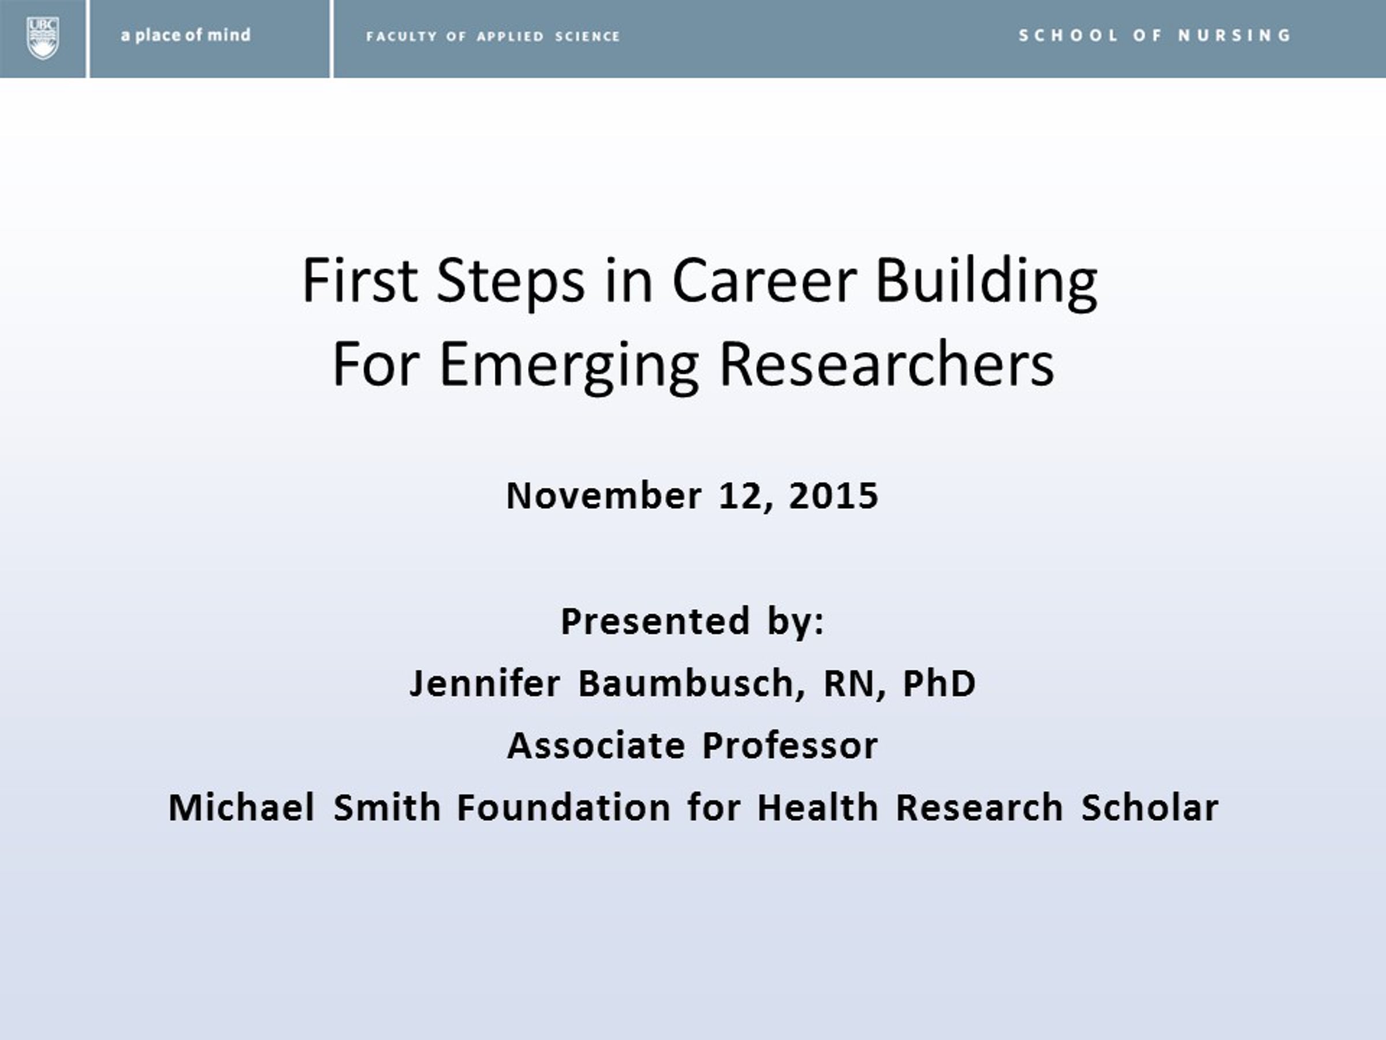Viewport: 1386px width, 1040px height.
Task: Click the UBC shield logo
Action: coord(43,38)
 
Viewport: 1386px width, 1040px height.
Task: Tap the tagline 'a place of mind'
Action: coord(185,35)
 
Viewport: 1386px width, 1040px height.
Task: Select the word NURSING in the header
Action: coord(1234,35)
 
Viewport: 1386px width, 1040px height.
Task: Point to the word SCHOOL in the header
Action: coord(1068,35)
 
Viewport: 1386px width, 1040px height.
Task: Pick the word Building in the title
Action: coord(986,282)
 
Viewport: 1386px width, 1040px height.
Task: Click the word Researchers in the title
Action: coord(887,363)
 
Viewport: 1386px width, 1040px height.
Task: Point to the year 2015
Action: coord(833,496)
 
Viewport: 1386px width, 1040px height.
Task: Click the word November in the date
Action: coord(604,496)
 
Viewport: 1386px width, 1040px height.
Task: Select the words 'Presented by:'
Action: coord(692,622)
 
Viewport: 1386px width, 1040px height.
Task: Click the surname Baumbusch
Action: coord(687,684)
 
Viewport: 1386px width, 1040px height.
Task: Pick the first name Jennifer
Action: coord(485,684)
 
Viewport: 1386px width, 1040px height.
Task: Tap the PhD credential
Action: coord(939,684)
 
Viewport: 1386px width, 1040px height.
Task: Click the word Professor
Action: coord(790,746)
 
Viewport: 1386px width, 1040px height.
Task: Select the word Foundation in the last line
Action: coord(564,807)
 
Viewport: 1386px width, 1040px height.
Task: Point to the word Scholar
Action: coord(1150,807)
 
